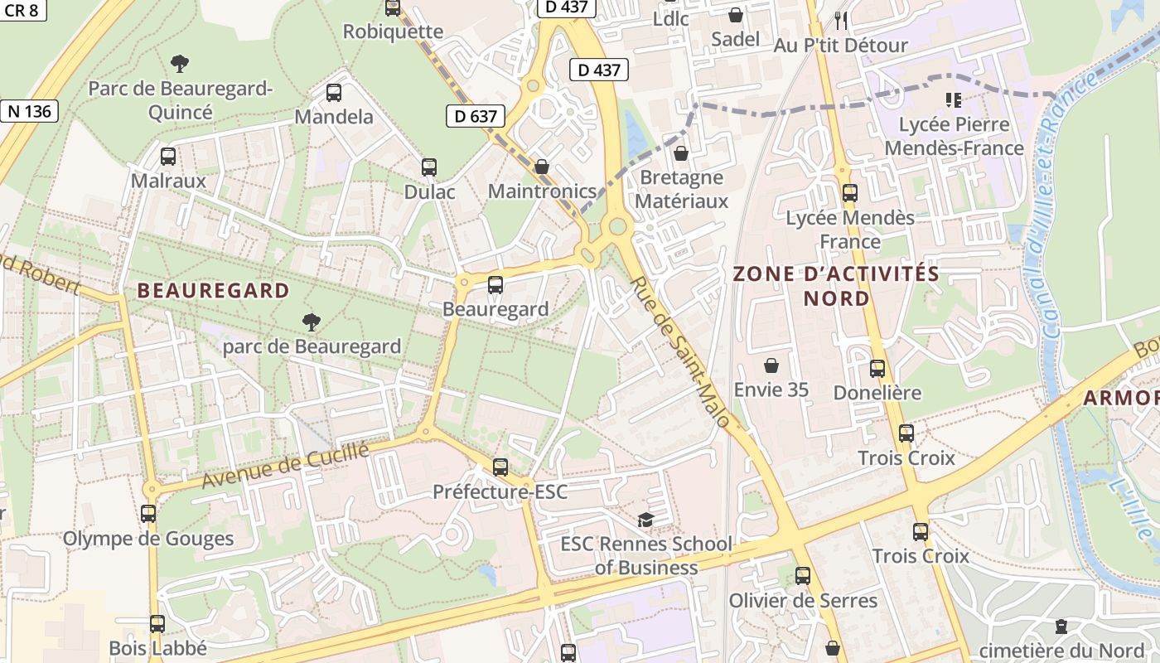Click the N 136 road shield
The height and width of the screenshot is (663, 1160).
click(x=31, y=111)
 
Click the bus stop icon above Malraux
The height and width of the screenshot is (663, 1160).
click(x=168, y=156)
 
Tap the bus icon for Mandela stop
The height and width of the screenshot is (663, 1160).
click(x=334, y=93)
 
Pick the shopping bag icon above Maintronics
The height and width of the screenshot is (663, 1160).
click(x=542, y=167)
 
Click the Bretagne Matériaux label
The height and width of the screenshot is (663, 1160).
click(x=684, y=189)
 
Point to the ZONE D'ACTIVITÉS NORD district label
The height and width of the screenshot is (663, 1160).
click(x=836, y=286)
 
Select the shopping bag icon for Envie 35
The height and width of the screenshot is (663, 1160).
click(x=771, y=365)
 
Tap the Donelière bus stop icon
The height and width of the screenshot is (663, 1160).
click(x=877, y=369)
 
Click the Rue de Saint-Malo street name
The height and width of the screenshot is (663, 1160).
click(x=679, y=352)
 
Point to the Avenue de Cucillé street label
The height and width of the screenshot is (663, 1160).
click(x=285, y=466)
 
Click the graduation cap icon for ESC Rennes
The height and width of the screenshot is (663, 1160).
click(x=645, y=520)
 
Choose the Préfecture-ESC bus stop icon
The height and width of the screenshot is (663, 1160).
click(x=500, y=467)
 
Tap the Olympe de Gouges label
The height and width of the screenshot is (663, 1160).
click(x=149, y=539)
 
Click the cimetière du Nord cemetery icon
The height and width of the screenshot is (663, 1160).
click(x=1061, y=627)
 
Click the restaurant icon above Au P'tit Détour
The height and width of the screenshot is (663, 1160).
click(x=841, y=20)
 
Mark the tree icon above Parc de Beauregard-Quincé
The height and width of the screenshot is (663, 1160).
click(x=179, y=63)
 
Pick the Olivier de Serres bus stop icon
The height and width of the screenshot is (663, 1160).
click(x=803, y=576)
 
